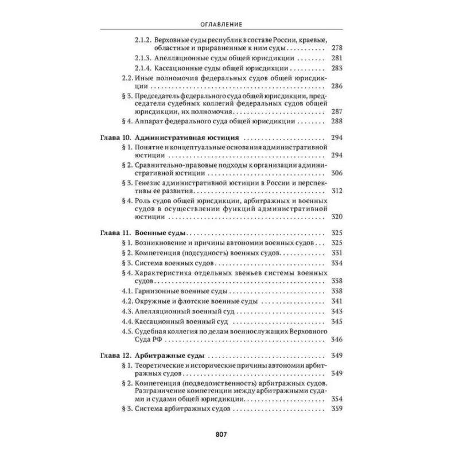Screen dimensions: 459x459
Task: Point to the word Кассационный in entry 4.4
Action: [161, 321]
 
